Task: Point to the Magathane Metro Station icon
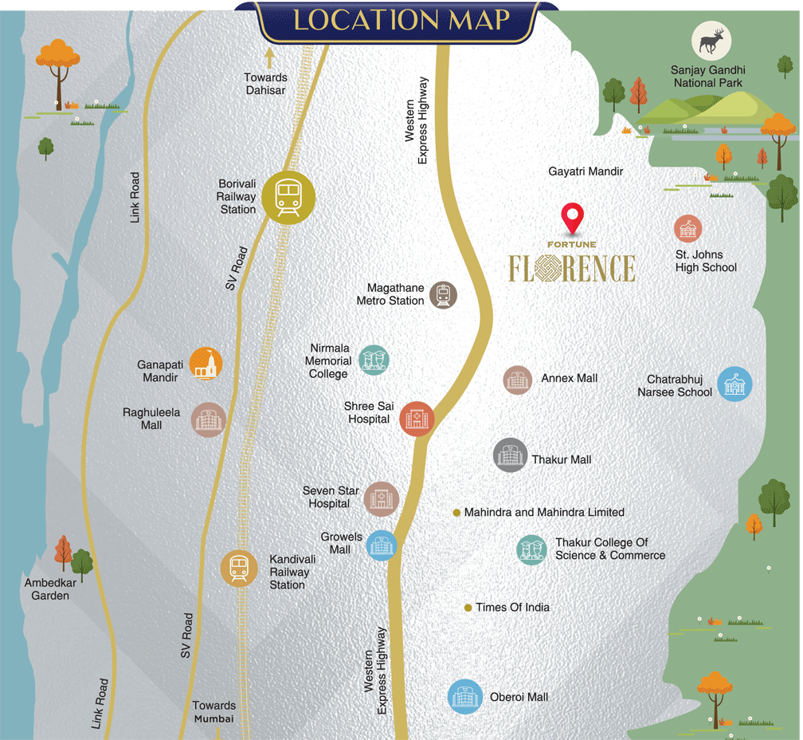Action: point(444,295)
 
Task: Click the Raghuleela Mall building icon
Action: point(209,419)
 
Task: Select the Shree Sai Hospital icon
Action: point(416,419)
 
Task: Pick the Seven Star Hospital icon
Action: point(381,499)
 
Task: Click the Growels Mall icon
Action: point(381,546)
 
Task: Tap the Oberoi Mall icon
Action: point(464,696)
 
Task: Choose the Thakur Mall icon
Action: point(510,455)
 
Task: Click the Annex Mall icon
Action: point(518,380)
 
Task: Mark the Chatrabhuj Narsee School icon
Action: point(734,384)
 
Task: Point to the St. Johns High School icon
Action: point(687,230)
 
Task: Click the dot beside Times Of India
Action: point(468,608)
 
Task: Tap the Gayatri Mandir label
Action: point(586,171)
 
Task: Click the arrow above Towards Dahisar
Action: point(269,57)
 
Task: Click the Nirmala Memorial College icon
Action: point(374,360)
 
